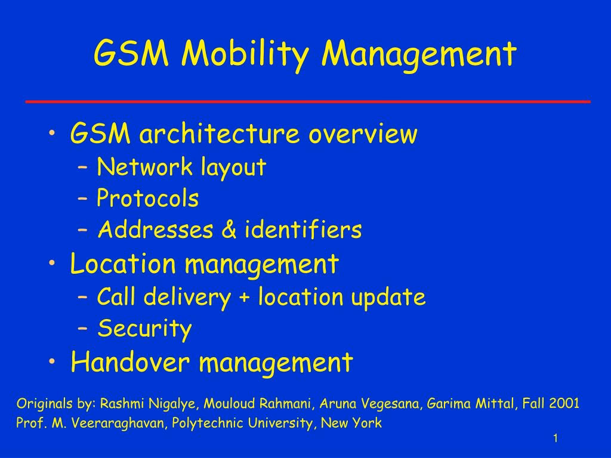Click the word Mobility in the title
[x=245, y=54]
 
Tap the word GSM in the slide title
[x=131, y=52]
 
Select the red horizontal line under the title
[x=308, y=101]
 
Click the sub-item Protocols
[x=148, y=198]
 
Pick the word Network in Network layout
[x=144, y=167]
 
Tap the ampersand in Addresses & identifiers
[x=229, y=229]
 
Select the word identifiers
[x=303, y=228]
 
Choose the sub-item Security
[x=144, y=329]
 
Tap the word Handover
[x=130, y=362]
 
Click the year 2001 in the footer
[x=564, y=403]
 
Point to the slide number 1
[x=556, y=438]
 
